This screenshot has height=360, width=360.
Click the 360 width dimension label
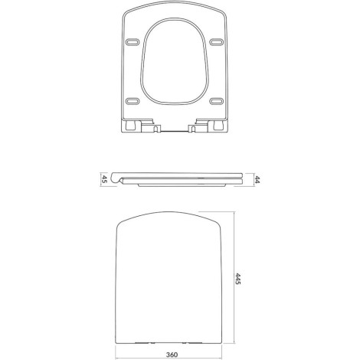click(172, 355)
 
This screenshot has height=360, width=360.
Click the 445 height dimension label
click(237, 279)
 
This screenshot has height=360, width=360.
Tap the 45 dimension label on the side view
click(104, 178)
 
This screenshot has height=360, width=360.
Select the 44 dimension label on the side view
click(257, 180)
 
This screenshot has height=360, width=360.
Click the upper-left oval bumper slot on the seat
click(133, 42)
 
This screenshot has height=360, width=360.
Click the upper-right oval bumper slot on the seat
click(217, 42)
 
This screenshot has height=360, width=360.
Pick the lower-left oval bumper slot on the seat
click(133, 101)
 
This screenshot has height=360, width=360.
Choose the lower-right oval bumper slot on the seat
click(216, 101)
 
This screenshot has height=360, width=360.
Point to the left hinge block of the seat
click(141, 126)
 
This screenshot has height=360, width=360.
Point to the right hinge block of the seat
click(208, 126)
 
